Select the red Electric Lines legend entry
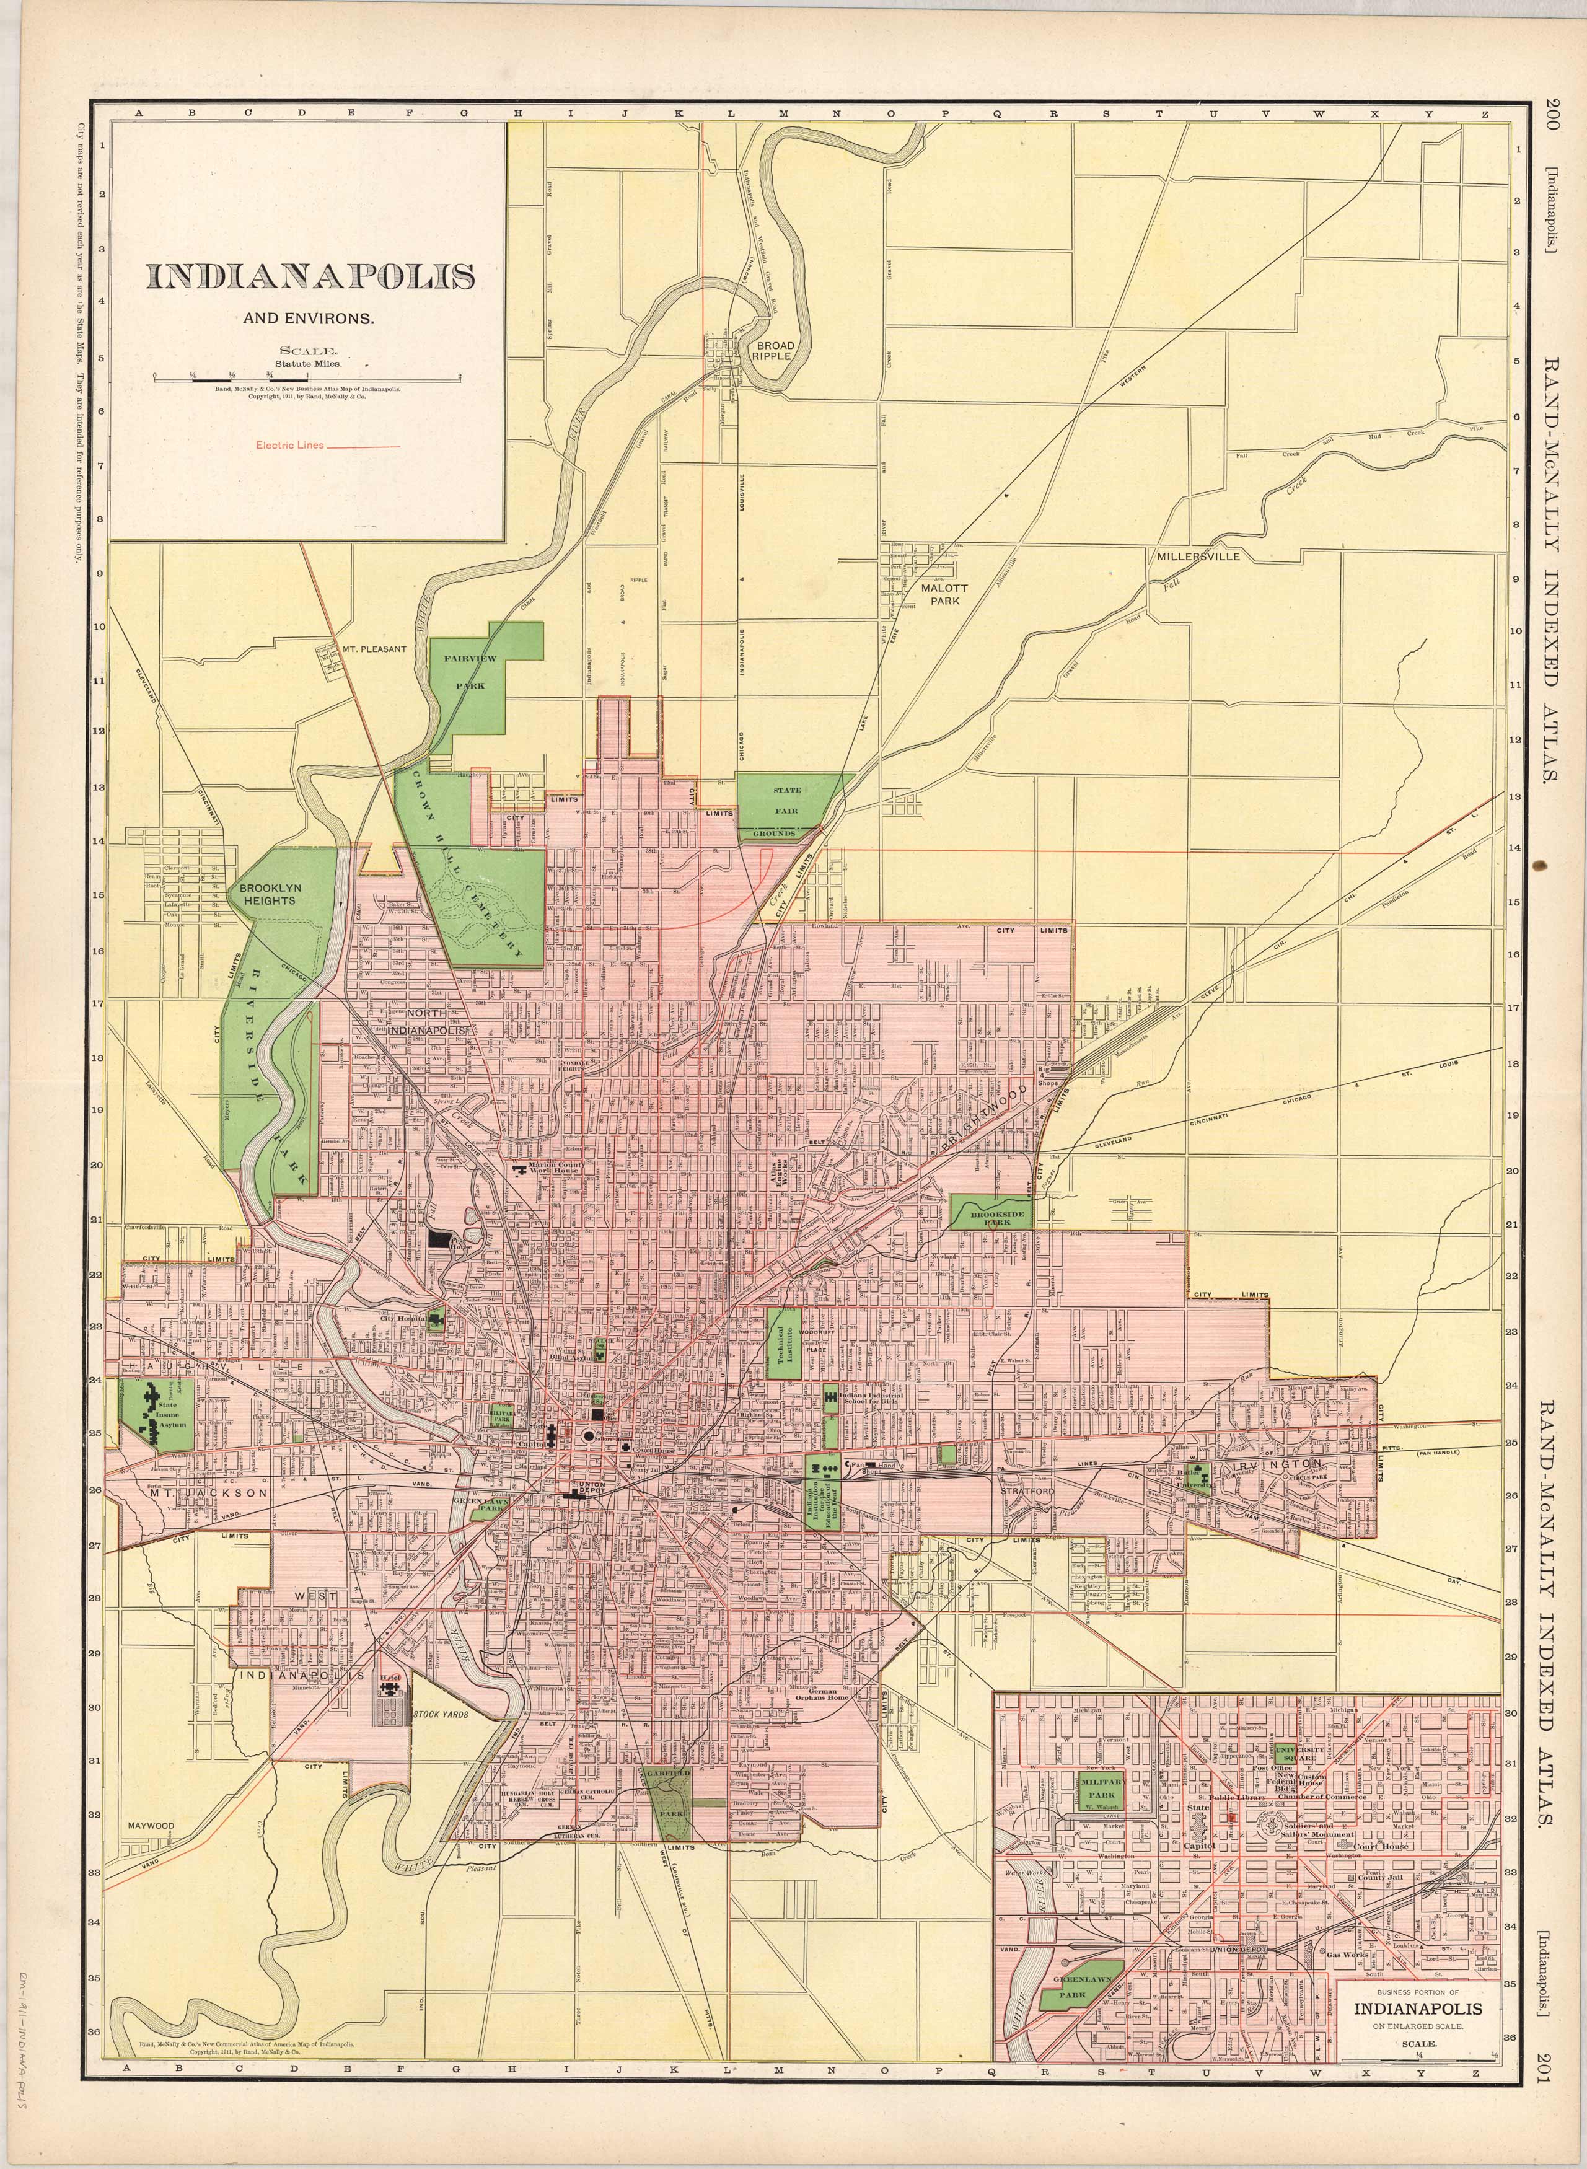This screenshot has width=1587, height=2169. pyautogui.click(x=327, y=445)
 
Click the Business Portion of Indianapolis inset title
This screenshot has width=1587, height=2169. pyautogui.click(x=1417, y=1982)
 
